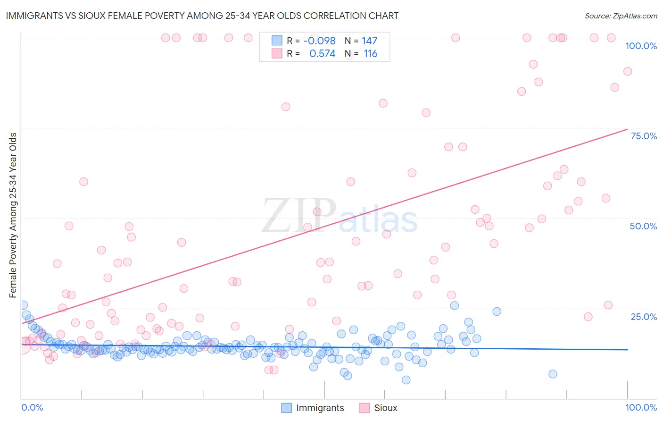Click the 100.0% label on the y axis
click(641, 46)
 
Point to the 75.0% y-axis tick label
click(644, 136)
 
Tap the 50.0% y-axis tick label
click(643, 226)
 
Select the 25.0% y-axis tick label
click(644, 317)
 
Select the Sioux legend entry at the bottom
click(385, 408)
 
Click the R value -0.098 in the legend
click(319, 41)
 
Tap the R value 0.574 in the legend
click(322, 54)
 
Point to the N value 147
click(370, 41)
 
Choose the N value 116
click(371, 54)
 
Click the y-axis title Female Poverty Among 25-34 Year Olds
click(13, 215)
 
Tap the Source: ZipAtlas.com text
click(621, 16)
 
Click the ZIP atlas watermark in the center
click(340, 216)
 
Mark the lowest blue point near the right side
click(553, 374)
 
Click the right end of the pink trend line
click(627, 129)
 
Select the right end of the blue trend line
click(627, 350)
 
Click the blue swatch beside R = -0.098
click(277, 41)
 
